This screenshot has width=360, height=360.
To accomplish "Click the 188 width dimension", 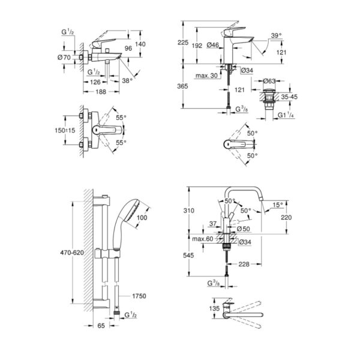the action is pos(101,92).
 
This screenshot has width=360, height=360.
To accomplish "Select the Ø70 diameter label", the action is pos(64,57).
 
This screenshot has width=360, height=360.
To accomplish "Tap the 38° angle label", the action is pos(127,80).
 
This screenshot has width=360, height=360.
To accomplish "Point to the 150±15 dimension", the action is pos(65,130).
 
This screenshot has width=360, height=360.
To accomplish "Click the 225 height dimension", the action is pos(183,43).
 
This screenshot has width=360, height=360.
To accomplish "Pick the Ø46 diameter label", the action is pos(213,45).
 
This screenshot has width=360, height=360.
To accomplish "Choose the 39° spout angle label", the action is pos(276,35).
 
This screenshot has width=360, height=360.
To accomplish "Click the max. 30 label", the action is pos(206,76).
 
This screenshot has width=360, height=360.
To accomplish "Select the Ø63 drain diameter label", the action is pos(269,81).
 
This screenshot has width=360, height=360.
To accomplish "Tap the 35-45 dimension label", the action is pos(289,97).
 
